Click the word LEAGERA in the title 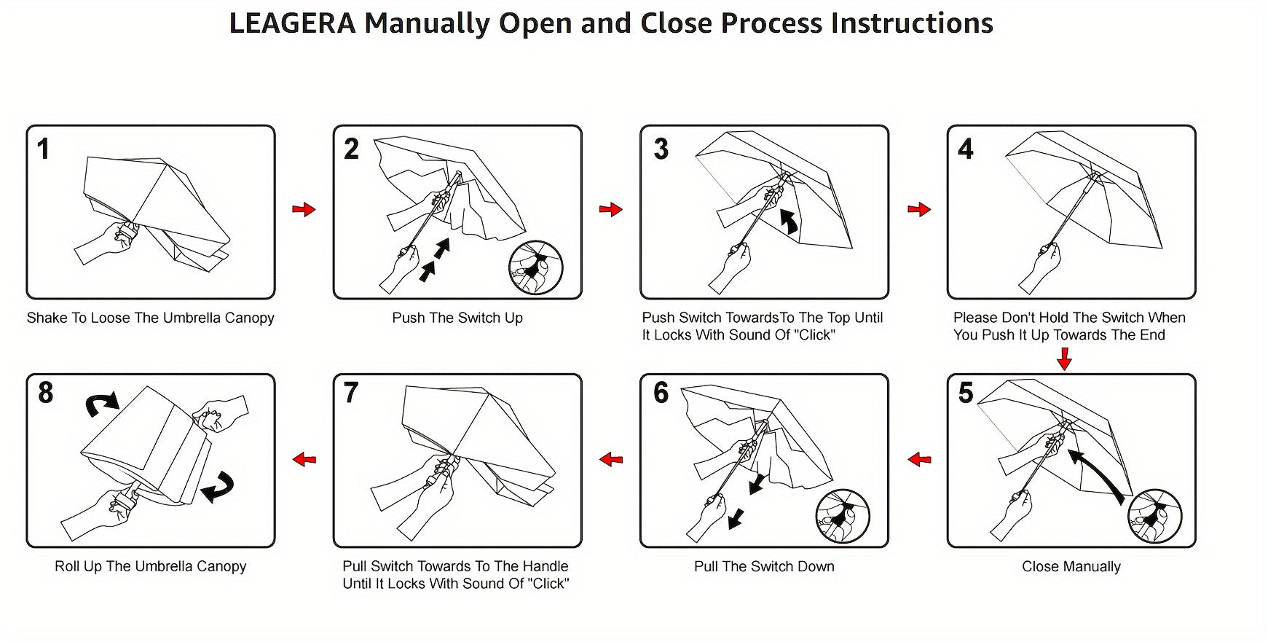[x=292, y=23]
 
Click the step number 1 [x=44, y=149]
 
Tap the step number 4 [x=966, y=149]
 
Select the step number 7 [x=351, y=393]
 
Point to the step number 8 [x=45, y=393]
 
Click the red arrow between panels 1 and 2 [x=304, y=210]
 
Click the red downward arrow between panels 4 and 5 [x=1064, y=359]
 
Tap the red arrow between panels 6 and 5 [x=920, y=459]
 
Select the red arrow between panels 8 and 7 [x=304, y=459]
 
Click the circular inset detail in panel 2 [x=537, y=267]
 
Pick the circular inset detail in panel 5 [x=1154, y=516]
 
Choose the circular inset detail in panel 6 [x=843, y=516]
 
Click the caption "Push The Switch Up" [x=457, y=318]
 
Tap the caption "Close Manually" [x=1071, y=566]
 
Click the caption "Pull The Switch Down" [x=764, y=566]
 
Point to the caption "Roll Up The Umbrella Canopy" [x=151, y=566]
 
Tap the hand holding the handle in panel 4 [x=1042, y=265]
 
